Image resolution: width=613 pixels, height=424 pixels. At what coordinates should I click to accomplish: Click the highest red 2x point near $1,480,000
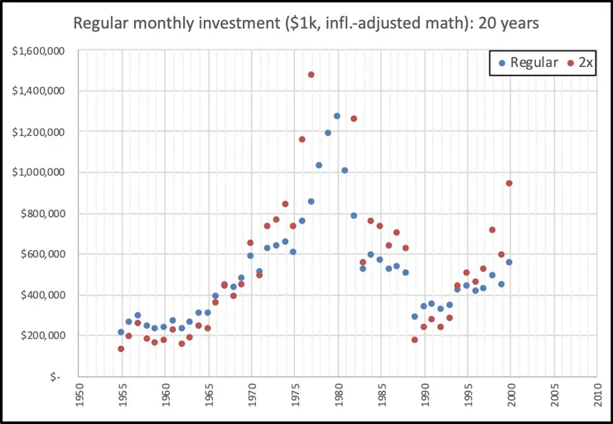tap(311, 75)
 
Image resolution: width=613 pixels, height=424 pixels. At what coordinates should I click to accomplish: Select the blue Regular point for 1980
tap(337, 116)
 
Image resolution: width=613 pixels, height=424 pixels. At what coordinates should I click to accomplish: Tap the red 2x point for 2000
tap(509, 183)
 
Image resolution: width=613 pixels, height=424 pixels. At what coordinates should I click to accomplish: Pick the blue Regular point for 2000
tap(509, 262)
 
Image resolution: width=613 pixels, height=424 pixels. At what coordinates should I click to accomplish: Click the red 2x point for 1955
tap(121, 349)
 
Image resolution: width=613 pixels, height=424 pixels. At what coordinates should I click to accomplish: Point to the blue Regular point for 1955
tap(121, 332)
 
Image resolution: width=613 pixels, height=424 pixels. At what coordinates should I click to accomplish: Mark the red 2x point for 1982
tap(354, 118)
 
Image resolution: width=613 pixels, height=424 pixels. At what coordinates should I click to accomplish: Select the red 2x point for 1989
tap(414, 340)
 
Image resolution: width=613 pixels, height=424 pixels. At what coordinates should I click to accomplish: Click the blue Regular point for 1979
tap(328, 132)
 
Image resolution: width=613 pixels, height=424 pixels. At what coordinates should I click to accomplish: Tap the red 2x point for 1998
tap(492, 229)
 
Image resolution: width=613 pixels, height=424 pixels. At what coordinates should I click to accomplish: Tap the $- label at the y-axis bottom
tap(55, 376)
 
